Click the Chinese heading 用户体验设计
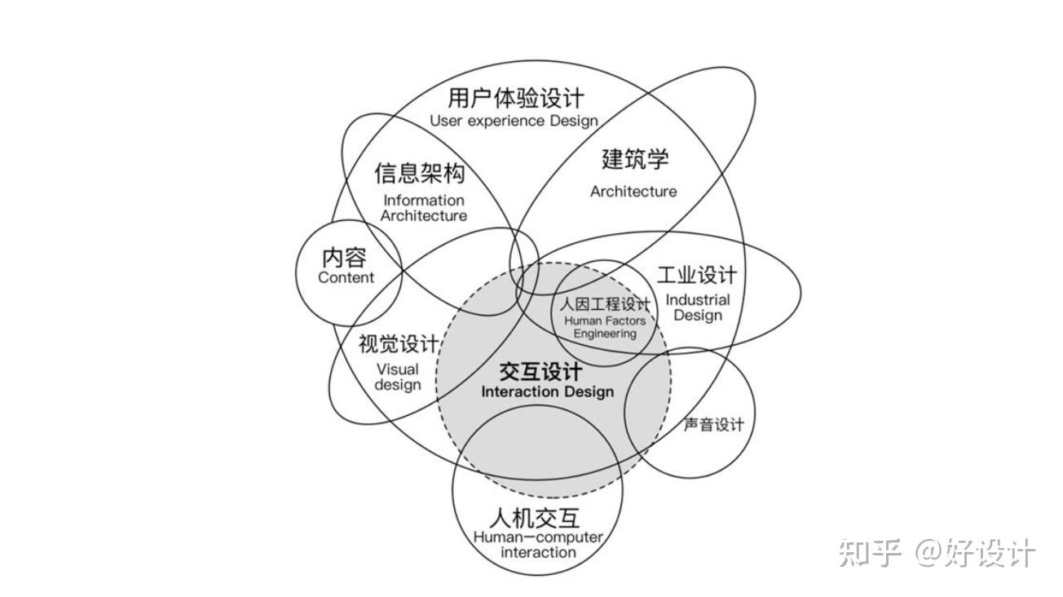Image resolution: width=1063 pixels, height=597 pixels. click(x=515, y=99)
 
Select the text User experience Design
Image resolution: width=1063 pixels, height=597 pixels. click(x=514, y=121)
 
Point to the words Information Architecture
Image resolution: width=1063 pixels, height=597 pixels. click(x=423, y=208)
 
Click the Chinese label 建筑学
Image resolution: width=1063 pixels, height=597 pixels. click(x=635, y=158)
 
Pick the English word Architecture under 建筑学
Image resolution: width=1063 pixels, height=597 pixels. click(x=633, y=192)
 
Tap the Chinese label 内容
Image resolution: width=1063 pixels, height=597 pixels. click(x=345, y=258)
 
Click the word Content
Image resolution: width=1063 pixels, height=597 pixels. click(x=346, y=277)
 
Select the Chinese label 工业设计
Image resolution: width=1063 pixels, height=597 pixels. click(x=696, y=275)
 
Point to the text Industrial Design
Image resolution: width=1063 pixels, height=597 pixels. click(x=698, y=307)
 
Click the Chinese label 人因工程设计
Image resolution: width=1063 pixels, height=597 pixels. click(x=604, y=305)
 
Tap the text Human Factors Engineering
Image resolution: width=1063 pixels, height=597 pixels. click(x=604, y=327)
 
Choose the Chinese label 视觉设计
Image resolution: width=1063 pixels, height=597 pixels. click(x=398, y=344)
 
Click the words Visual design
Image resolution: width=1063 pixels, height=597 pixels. click(x=398, y=377)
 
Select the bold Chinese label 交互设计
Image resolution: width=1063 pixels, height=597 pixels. click(x=540, y=372)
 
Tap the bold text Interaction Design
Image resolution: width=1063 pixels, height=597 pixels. click(x=547, y=392)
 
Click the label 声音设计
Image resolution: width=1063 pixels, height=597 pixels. click(x=713, y=425)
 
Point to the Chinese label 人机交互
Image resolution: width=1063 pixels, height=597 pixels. click(x=536, y=518)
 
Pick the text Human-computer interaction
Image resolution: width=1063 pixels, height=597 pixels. click(x=538, y=545)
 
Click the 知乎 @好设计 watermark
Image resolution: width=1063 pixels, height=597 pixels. click(x=937, y=553)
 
